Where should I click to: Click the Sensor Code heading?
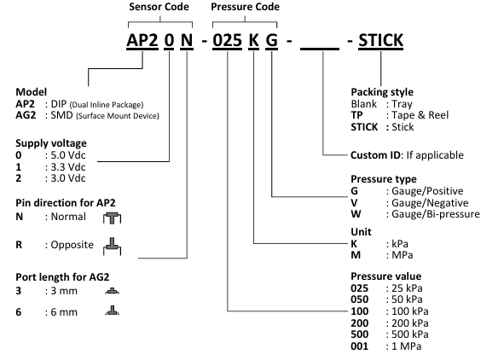(159, 7)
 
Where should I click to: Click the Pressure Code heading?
(245, 7)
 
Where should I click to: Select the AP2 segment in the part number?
(142, 40)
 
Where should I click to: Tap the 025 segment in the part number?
(227, 40)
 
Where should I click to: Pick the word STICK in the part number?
(380, 40)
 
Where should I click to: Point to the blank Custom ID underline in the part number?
(320, 49)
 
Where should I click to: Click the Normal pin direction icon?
(113, 218)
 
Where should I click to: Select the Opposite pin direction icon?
(113, 247)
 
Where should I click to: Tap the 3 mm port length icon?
(112, 291)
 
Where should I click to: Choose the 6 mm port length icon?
(112, 311)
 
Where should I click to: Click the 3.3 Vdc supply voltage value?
(68, 167)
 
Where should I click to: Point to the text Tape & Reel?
(420, 115)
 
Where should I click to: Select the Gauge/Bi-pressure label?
(436, 214)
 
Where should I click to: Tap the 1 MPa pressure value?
(406, 346)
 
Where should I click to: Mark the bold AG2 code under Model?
(26, 115)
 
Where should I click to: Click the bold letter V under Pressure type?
(354, 203)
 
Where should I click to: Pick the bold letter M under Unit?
(356, 255)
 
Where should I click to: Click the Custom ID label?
(375, 155)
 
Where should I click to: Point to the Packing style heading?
(382, 92)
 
